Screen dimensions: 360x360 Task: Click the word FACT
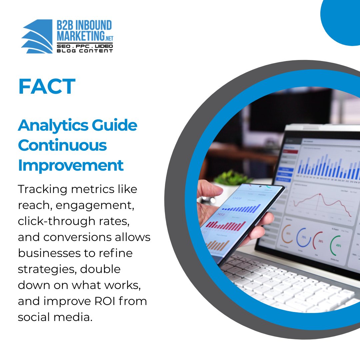click(x=47, y=87)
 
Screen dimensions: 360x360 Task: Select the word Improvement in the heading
click(x=71, y=165)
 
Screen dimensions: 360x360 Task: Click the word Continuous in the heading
click(x=62, y=146)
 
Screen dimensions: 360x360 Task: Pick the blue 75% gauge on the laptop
click(x=303, y=237)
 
